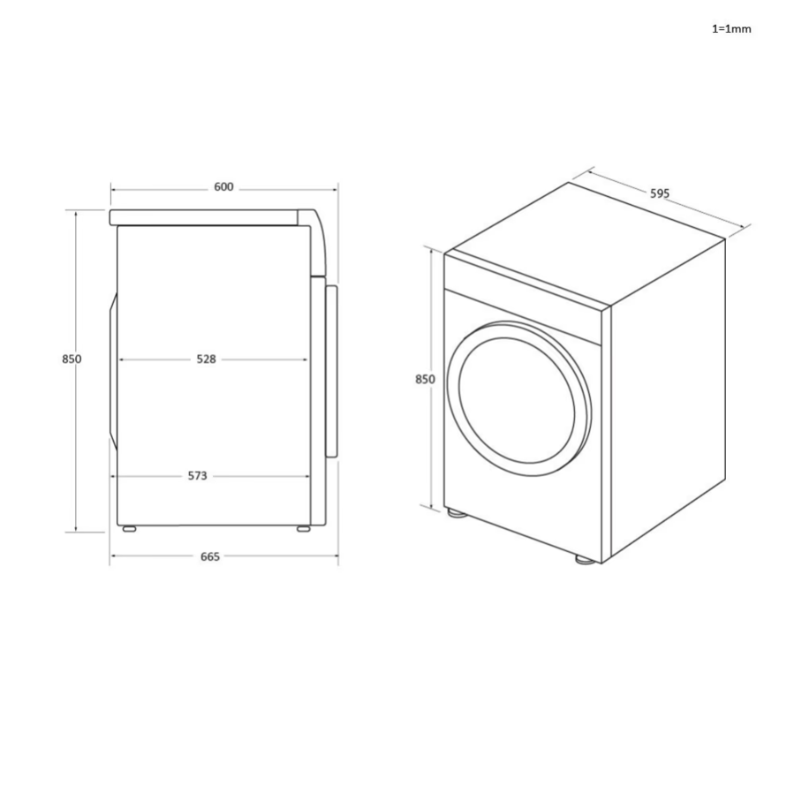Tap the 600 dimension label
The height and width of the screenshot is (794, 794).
coord(223,187)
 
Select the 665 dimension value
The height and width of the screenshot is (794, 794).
coord(209,556)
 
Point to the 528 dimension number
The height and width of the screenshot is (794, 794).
coord(206,359)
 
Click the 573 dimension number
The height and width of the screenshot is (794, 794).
coord(197,476)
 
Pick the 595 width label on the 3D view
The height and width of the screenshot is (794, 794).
coord(660,193)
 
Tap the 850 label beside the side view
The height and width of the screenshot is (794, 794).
coord(72,359)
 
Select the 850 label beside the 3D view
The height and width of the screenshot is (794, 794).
coord(425,379)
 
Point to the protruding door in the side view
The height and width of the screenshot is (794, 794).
coord(332,371)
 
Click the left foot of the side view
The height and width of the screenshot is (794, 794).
coord(129,529)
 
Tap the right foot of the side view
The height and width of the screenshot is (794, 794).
coord(302,529)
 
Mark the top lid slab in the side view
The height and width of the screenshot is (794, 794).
coord(208,217)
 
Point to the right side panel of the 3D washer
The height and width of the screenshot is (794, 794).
coord(667,397)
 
